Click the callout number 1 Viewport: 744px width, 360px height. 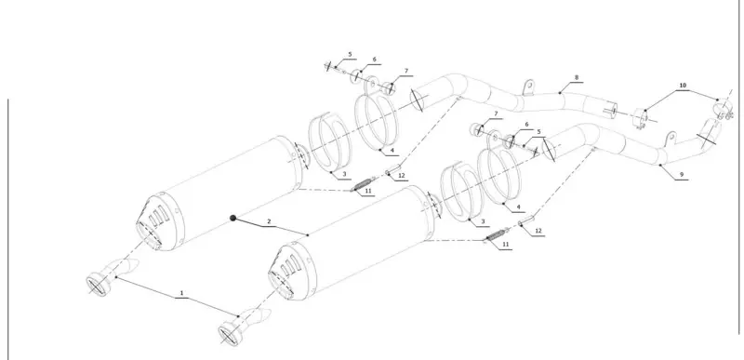tap(181, 294)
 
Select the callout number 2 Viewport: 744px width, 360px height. tap(269, 221)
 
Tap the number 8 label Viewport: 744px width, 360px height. tap(577, 77)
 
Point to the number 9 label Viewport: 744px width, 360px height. tap(682, 175)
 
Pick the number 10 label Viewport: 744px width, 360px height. tap(683, 86)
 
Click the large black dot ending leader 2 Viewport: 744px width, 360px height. tap(233, 219)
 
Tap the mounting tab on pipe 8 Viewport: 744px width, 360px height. tap(528, 87)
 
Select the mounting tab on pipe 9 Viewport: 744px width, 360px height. tap(671, 139)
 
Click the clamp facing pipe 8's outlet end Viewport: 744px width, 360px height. tap(641, 118)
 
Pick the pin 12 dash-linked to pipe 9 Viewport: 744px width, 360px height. tap(526, 220)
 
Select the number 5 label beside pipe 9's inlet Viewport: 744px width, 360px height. tap(538, 132)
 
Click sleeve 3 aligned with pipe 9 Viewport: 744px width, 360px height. tap(461, 193)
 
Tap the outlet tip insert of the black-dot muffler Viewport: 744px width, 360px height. tap(112, 277)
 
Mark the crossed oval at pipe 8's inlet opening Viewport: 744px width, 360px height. tap(416, 100)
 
